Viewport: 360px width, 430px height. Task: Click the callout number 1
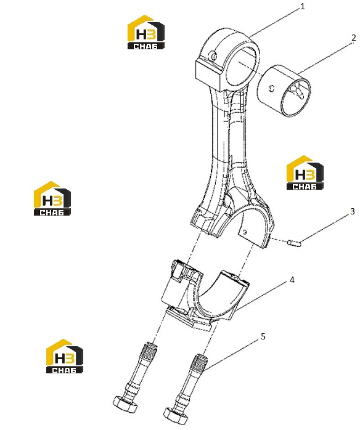click(303, 6)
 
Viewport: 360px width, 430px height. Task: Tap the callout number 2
click(353, 38)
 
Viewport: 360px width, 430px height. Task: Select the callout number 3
click(352, 211)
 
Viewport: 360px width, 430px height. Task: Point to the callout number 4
click(292, 280)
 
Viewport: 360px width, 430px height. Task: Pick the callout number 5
click(263, 336)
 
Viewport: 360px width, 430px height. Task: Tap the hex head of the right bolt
click(176, 419)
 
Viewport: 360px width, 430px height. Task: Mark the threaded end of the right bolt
click(198, 362)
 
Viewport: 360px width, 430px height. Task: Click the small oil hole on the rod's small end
click(213, 55)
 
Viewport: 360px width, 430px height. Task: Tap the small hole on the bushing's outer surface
click(272, 89)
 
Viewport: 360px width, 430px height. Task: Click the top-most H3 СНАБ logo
click(146, 32)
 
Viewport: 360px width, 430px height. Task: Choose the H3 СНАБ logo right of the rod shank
click(305, 172)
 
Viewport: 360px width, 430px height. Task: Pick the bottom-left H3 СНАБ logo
click(65, 356)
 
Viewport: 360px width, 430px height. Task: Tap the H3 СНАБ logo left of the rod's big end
click(52, 198)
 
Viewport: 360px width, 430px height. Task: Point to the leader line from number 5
click(231, 355)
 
